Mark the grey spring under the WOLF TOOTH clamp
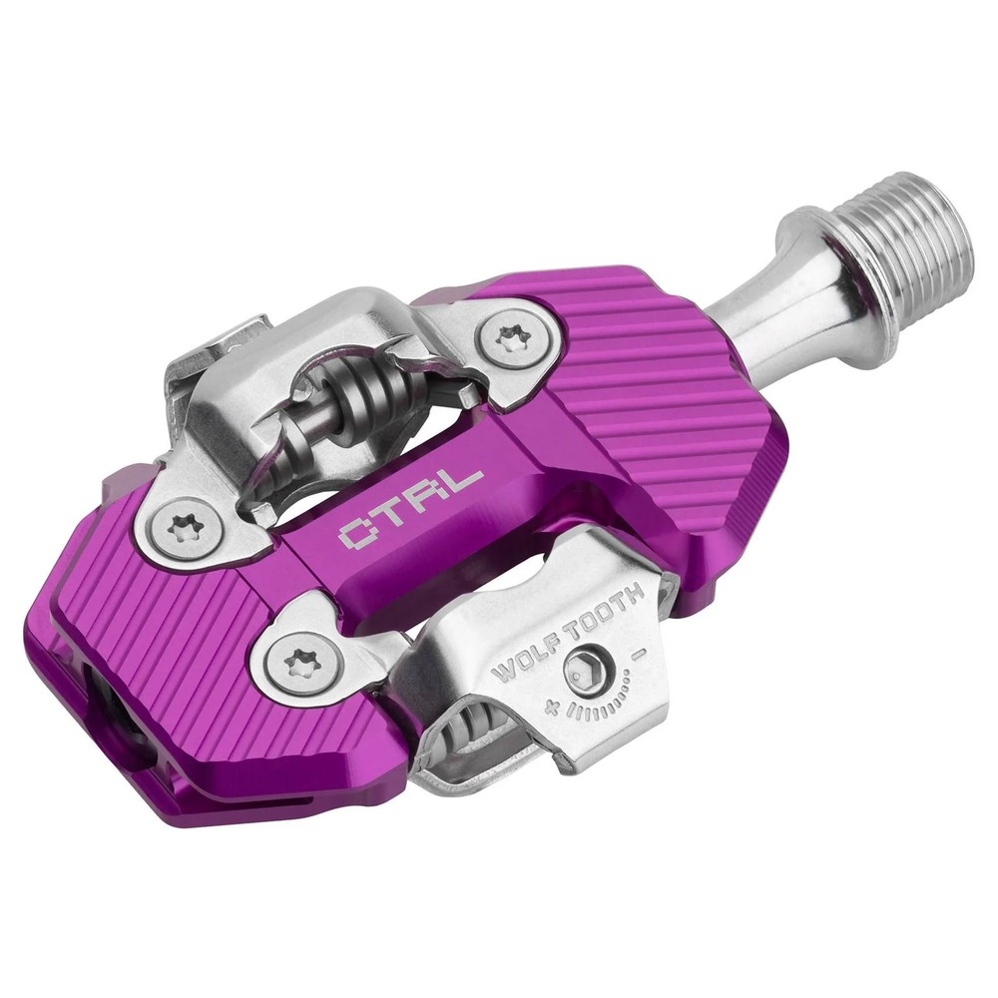pos(469,739)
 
